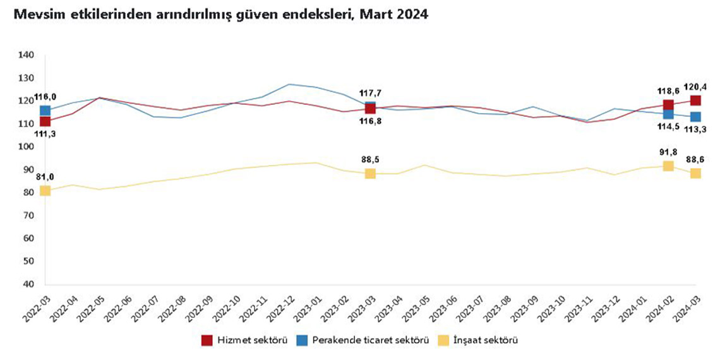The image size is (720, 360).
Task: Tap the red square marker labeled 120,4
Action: pos(695,100)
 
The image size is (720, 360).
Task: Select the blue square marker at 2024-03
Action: pos(695,117)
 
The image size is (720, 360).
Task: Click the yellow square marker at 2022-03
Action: pos(45,191)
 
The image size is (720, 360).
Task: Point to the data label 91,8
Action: pos(668,152)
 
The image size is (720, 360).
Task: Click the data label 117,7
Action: pos(370,92)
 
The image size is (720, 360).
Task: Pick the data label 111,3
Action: pos(45,133)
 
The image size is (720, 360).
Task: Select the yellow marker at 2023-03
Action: pos(370,174)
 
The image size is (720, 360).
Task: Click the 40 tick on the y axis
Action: pos(28,284)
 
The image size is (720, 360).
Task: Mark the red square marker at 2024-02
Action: pos(668,105)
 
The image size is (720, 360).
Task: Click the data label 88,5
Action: pos(370,159)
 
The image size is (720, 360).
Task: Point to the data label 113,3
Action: pos(695,129)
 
